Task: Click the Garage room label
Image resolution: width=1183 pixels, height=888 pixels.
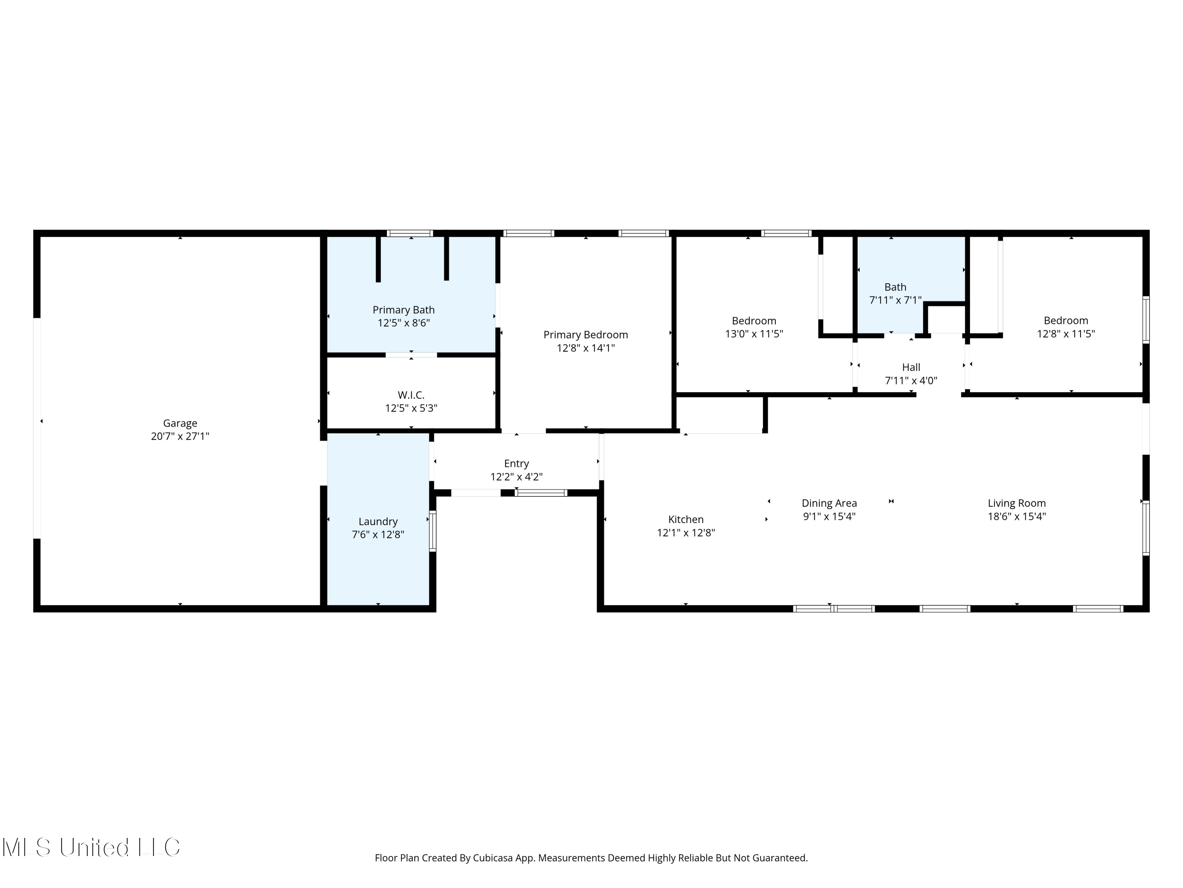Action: (180, 423)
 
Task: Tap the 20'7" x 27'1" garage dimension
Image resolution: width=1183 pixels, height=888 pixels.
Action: (180, 436)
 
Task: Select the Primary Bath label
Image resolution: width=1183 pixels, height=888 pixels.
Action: (404, 310)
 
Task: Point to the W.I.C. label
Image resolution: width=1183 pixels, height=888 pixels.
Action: (411, 395)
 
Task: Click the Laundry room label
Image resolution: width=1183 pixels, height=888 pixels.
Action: (378, 522)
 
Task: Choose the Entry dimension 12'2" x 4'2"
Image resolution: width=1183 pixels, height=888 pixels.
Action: (517, 477)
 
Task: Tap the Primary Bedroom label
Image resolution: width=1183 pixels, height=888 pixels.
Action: (586, 335)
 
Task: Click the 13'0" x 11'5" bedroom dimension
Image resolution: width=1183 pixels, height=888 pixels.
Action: (754, 334)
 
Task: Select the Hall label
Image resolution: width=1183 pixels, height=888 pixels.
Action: (911, 367)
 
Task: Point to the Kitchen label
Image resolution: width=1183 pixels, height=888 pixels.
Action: (686, 519)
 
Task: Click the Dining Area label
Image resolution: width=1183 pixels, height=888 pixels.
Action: (830, 503)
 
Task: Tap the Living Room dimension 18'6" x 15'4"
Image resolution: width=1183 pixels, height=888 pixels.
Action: (1017, 517)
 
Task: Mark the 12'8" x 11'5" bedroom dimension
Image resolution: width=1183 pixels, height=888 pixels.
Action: (1066, 334)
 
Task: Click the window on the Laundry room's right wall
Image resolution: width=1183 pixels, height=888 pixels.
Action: (433, 531)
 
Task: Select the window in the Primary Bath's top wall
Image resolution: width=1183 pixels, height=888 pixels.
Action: (410, 233)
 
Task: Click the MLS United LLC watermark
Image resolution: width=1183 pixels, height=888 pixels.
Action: (91, 847)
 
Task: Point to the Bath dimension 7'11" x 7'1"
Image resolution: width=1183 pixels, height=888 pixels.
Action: (895, 300)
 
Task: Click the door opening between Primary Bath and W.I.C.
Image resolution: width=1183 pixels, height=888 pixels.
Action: (411, 355)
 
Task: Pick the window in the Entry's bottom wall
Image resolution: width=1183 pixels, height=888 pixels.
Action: (541, 493)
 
